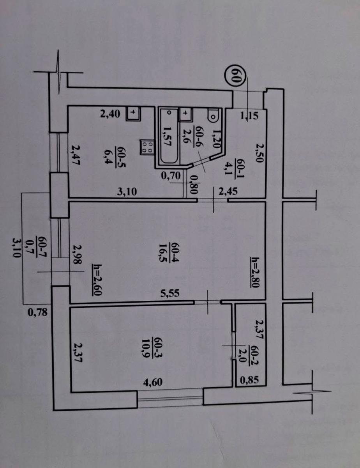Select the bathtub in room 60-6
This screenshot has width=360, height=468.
click(169, 136)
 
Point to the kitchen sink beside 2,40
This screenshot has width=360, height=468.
click(134, 113)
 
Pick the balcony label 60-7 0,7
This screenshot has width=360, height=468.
click(34, 248)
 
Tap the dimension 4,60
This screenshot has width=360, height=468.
click(153, 382)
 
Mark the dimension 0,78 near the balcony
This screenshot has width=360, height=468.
click(38, 312)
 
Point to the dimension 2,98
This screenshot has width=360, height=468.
click(78, 260)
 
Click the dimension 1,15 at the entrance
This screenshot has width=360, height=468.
click(249, 116)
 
